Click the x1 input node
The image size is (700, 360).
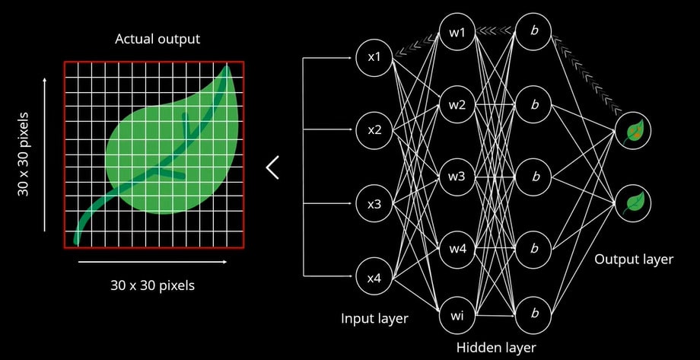pyautogui.click(x=374, y=57)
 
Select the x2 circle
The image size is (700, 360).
pyautogui.click(x=374, y=130)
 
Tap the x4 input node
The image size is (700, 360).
pyautogui.click(x=374, y=278)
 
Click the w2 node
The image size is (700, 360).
pyautogui.click(x=457, y=104)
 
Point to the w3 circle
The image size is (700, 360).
pyautogui.click(x=457, y=177)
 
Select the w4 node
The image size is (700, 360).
pyautogui.click(x=457, y=248)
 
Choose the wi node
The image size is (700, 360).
pyautogui.click(x=457, y=315)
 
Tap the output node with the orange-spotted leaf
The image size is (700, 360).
pyautogui.click(x=633, y=131)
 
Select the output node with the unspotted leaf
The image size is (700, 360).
pyautogui.click(x=633, y=202)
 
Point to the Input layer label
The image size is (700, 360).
pyautogui.click(x=374, y=318)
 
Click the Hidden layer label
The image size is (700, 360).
pyautogui.click(x=496, y=348)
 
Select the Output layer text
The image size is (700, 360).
pyautogui.click(x=633, y=260)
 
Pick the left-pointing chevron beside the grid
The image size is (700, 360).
pyautogui.click(x=273, y=167)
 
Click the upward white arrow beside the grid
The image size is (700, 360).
pyautogui.click(x=45, y=152)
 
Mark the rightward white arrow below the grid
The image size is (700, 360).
pyautogui.click(x=151, y=262)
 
